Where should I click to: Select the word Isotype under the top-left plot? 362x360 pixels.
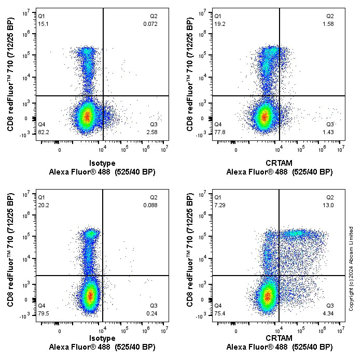point(102,163)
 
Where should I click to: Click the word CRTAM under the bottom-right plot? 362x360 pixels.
point(279,338)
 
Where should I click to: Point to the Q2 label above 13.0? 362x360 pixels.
point(330,197)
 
